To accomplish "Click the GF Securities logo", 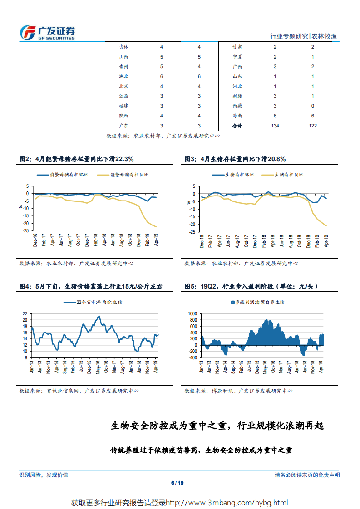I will (47, 32).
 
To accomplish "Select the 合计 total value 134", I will (275, 126).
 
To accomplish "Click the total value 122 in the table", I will (312, 126).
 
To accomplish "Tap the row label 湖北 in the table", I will (123, 76).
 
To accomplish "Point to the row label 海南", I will (237, 116).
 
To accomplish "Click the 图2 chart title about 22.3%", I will (76, 159).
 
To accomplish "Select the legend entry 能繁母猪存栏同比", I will (129, 175).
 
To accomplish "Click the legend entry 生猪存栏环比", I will (240, 175).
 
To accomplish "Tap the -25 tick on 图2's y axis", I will (26, 231).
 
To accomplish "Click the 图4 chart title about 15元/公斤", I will (90, 286).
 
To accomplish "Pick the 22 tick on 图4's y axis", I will (25, 313).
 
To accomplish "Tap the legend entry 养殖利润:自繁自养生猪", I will (260, 302).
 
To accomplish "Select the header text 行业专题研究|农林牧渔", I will (303, 36).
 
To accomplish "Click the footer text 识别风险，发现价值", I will (44, 475).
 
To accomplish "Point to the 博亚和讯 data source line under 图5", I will (238, 391).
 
